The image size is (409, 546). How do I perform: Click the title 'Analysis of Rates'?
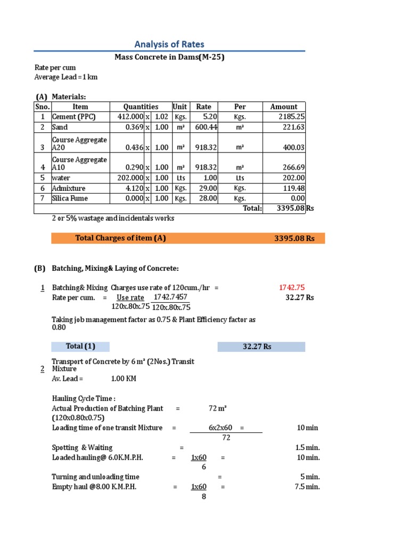coord(169,44)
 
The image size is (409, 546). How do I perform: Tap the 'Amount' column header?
coord(283,107)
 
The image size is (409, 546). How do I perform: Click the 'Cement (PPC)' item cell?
coord(74,117)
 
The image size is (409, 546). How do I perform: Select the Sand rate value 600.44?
coord(204,127)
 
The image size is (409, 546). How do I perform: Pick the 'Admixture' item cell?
coord(69,188)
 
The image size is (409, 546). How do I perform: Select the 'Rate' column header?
coord(203,107)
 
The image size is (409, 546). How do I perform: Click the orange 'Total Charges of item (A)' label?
coord(121,238)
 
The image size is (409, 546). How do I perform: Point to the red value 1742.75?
coord(292,288)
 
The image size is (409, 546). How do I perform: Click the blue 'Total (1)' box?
coord(80,347)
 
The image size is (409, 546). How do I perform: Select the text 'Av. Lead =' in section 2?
coord(68,379)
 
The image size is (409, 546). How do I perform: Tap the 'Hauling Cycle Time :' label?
coord(84,398)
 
